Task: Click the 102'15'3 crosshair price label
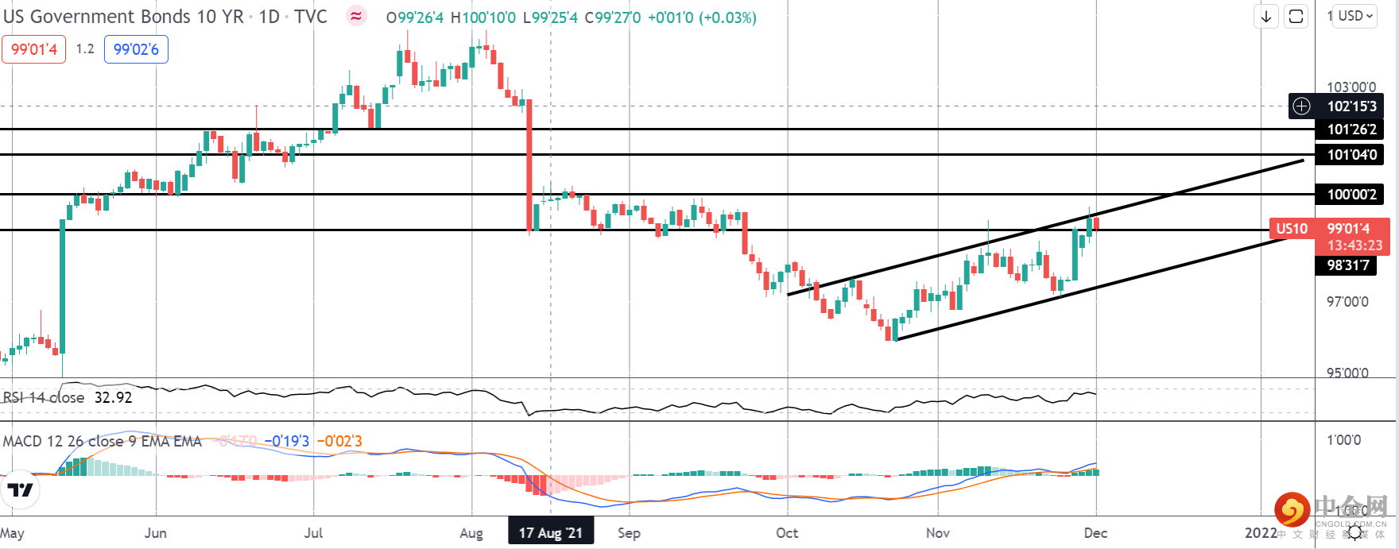point(1351,106)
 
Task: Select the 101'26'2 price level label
point(1351,130)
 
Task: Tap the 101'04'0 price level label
point(1351,155)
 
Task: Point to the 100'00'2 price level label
point(1351,195)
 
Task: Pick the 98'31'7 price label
point(1348,265)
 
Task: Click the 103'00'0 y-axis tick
point(1351,87)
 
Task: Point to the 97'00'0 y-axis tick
point(1347,302)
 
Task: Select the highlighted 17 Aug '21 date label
point(551,532)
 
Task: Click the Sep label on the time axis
point(629,532)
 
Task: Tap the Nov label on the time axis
point(938,532)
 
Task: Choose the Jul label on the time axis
point(313,532)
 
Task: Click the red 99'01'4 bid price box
point(34,49)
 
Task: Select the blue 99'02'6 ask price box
point(136,49)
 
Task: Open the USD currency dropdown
point(1355,16)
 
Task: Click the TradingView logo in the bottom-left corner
point(21,489)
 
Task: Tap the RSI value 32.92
point(113,397)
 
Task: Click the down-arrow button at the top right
point(1266,17)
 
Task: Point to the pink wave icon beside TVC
point(357,17)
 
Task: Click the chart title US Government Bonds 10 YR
point(124,17)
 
